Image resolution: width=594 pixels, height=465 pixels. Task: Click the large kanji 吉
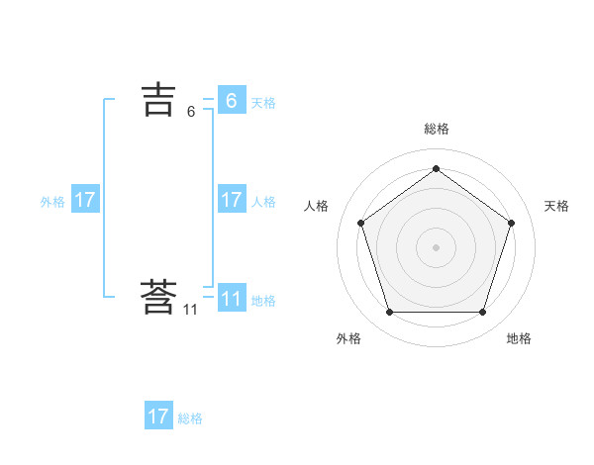coord(158,100)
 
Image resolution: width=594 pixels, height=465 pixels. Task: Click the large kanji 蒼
coord(158,298)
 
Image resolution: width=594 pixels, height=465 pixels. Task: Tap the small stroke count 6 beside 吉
coord(191,112)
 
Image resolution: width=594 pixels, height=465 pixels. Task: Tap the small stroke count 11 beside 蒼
coord(190,310)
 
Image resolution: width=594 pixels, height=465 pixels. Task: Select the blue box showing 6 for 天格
coord(231,101)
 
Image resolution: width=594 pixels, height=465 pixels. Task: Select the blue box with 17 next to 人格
coord(231,200)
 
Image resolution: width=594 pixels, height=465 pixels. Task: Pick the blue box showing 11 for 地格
coord(231,299)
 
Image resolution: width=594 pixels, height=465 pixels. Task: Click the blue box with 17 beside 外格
coord(85,200)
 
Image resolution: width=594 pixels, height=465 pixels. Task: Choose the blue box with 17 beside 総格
coord(158,417)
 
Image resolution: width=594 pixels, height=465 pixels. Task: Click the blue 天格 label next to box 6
coord(263,103)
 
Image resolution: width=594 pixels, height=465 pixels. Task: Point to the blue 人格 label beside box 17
coord(263,202)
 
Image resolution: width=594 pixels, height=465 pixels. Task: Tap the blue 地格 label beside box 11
coord(263,301)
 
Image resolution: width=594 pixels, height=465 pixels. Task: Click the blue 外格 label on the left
coord(52,202)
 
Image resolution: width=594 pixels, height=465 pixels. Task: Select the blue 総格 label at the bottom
coord(190,418)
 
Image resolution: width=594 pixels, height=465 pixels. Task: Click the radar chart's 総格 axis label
coord(436,129)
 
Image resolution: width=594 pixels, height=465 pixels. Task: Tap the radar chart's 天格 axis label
coord(556,206)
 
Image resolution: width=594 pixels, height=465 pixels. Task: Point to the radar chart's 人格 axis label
coord(316,206)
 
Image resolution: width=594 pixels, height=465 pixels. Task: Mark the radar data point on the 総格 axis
coord(436,168)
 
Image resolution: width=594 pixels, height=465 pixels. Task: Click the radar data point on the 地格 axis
coord(482,313)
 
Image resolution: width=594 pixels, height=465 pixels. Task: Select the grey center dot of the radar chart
coord(436,246)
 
